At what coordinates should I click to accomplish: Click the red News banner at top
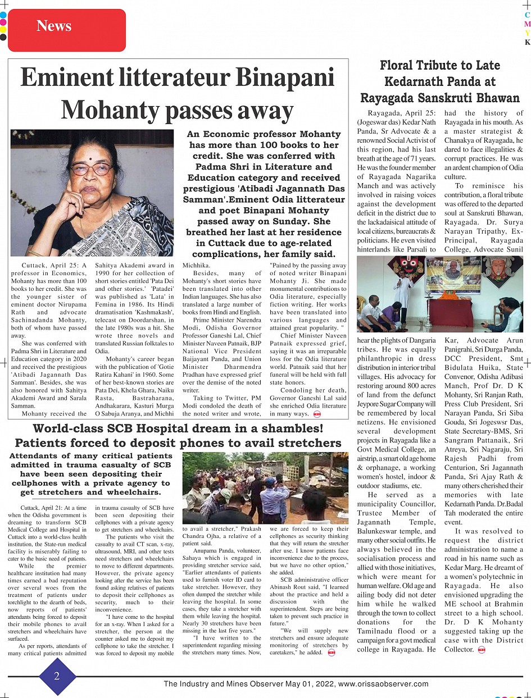point(67,26)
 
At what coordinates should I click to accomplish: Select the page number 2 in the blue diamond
point(57,676)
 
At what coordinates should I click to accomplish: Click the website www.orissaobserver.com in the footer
point(383,684)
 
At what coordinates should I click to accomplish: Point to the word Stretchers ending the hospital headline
point(306,442)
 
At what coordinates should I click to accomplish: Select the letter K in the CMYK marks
point(527,42)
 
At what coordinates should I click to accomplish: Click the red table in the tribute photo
point(451,312)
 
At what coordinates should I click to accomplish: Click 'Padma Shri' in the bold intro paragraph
point(220,167)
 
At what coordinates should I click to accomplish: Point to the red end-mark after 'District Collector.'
point(481,650)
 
